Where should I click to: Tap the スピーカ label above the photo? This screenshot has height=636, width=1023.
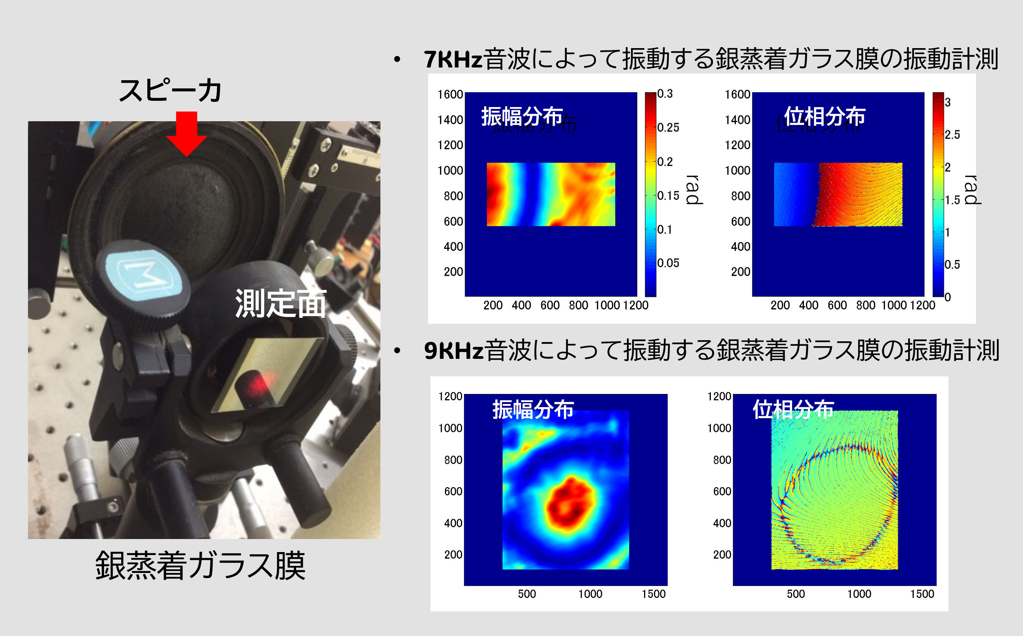[170, 90]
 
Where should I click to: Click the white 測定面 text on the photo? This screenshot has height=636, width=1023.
[280, 303]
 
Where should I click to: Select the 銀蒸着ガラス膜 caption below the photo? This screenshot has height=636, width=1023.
[200, 566]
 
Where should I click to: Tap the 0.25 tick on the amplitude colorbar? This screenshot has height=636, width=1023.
[668, 128]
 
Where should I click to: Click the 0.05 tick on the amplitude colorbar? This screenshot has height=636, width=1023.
[668, 263]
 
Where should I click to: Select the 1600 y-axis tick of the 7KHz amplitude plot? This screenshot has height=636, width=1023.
[450, 95]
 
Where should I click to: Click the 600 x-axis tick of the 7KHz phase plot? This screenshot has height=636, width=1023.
[837, 306]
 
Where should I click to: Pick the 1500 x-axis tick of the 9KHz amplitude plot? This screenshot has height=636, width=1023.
[653, 594]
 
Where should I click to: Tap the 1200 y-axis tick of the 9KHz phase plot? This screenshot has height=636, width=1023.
[719, 396]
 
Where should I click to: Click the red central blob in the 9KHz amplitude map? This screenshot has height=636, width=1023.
[570, 503]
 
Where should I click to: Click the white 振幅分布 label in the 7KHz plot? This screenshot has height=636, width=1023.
[522, 116]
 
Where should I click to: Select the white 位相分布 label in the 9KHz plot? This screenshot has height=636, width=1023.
[793, 409]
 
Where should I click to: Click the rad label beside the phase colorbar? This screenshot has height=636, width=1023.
[972, 190]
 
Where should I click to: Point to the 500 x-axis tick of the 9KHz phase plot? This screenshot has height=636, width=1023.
[796, 594]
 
